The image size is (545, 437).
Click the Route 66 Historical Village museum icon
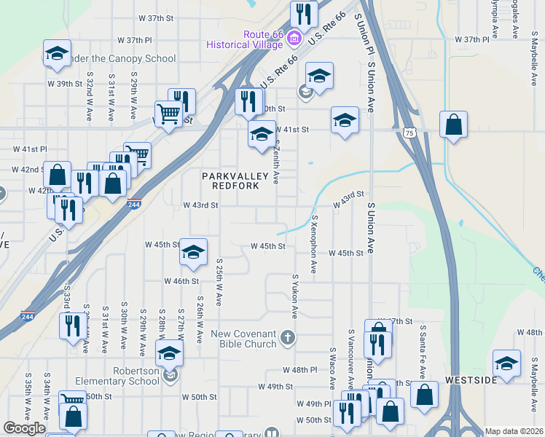(x=294, y=37)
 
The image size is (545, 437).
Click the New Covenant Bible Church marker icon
(x=289, y=336)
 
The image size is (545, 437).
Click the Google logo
(x=24, y=428)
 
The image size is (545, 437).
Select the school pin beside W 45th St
(x=193, y=251)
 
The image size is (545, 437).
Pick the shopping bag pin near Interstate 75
(x=453, y=124)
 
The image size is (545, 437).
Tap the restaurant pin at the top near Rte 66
(x=303, y=14)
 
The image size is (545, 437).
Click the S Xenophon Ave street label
(x=314, y=244)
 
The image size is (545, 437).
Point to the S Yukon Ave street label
(x=295, y=296)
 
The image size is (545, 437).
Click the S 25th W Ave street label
(x=219, y=282)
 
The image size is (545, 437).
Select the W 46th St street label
(x=181, y=281)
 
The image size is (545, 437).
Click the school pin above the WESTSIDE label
(x=506, y=363)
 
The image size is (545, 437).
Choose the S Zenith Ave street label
(x=276, y=162)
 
